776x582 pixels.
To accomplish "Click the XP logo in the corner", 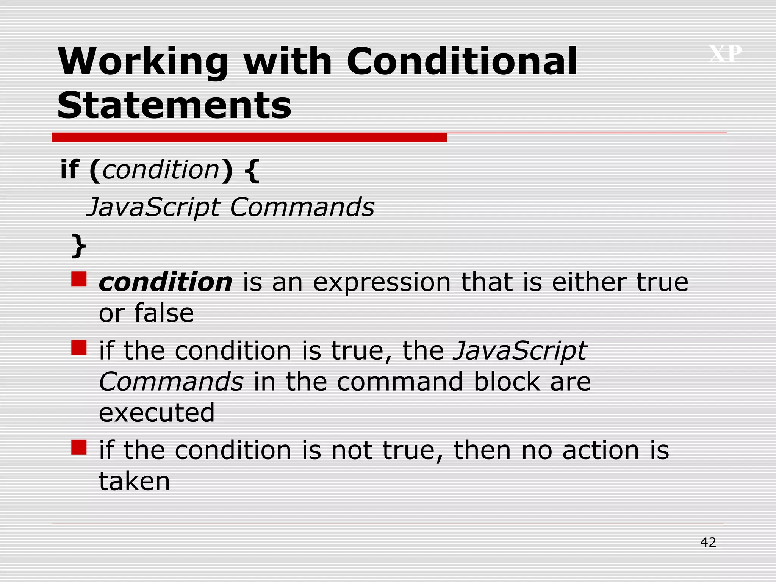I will click(725, 54).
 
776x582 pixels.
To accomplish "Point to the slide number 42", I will click(708, 542).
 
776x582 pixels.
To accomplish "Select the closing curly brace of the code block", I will click(79, 246).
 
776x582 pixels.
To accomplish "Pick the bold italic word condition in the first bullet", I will click(165, 282).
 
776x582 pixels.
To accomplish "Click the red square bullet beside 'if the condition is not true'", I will click(79, 447).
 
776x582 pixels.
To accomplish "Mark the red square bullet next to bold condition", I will click(79, 279).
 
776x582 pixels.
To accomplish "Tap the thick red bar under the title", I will click(249, 138).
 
